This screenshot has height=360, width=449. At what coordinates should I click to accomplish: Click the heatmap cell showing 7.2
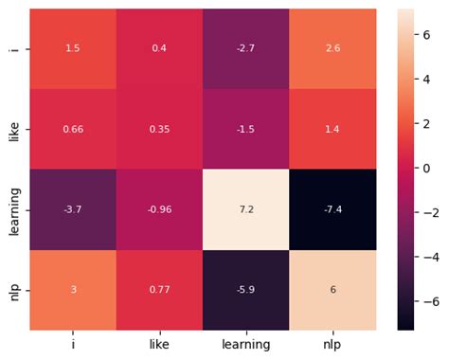tap(246, 209)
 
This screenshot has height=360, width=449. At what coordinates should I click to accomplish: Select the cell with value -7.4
tap(333, 209)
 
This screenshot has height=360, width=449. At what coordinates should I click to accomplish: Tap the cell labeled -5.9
tap(246, 290)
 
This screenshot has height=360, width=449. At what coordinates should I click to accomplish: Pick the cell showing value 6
tap(333, 290)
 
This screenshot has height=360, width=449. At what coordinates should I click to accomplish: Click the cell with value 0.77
tap(160, 290)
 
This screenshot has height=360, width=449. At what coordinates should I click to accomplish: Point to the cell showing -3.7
tap(73, 209)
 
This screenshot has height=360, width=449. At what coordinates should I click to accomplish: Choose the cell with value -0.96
tap(160, 209)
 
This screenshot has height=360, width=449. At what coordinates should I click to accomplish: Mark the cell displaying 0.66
tap(73, 129)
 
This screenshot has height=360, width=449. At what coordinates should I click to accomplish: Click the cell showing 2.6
tap(333, 48)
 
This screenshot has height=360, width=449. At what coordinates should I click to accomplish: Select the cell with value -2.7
tap(246, 48)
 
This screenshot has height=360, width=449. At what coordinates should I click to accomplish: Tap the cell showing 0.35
tap(160, 129)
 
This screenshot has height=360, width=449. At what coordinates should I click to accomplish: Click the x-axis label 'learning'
tap(246, 345)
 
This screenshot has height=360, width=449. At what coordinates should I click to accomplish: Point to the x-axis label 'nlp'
tap(333, 345)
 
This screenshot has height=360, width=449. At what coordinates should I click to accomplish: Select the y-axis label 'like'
tap(13, 129)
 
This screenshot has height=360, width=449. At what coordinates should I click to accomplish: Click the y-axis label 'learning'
tap(13, 209)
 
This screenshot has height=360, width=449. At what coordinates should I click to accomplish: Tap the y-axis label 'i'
tap(13, 48)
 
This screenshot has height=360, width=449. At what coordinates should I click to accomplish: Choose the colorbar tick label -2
tap(426, 212)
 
